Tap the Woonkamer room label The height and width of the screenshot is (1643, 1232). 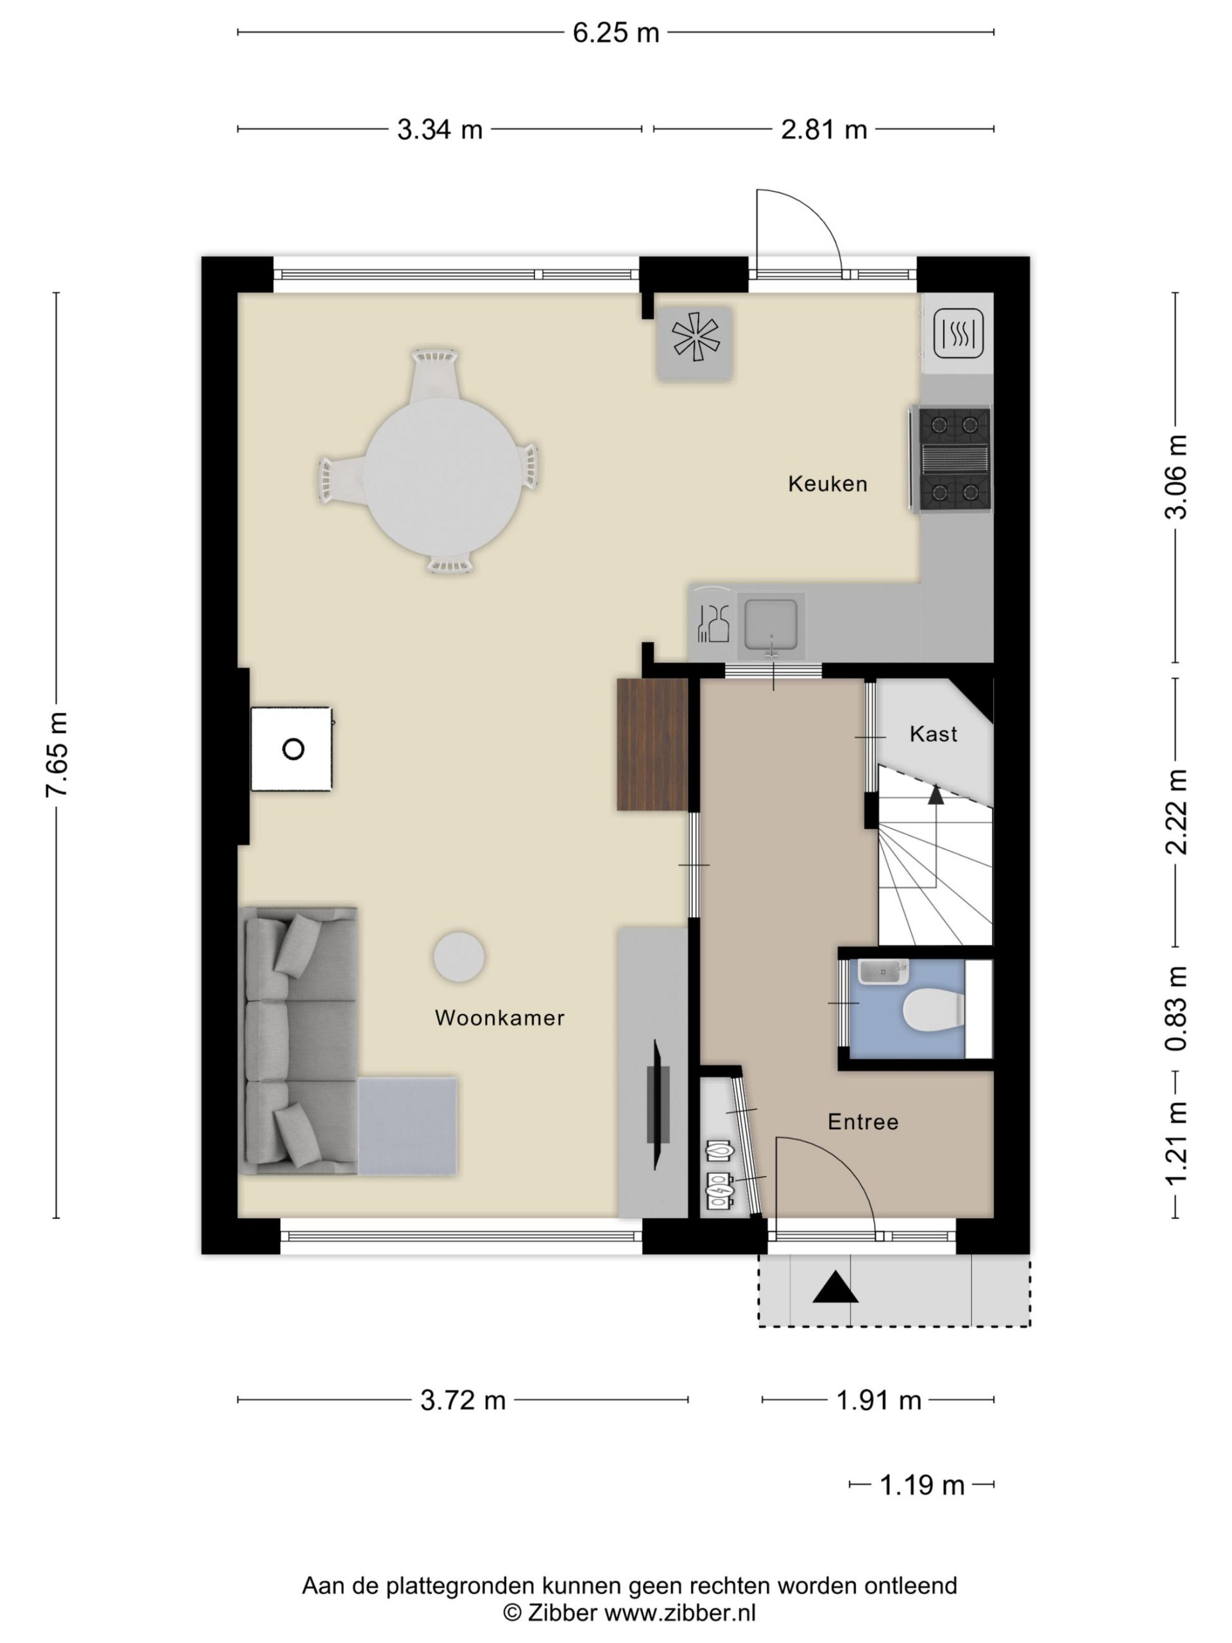coord(500,1018)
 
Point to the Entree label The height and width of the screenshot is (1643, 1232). coord(863,1122)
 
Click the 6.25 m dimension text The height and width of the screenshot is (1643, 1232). coord(615,33)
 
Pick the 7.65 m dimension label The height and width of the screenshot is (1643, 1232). coord(57,755)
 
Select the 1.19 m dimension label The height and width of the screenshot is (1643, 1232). coord(921,1484)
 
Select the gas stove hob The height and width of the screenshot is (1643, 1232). coord(954,459)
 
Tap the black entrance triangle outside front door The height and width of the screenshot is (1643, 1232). coord(835,1286)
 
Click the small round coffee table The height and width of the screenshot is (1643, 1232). coord(459,958)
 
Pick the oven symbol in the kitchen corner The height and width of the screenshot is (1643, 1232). coord(959,334)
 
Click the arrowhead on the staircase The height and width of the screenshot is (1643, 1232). coord(936,795)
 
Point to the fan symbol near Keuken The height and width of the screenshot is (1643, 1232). coord(695,343)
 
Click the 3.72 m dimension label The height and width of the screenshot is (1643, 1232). coord(463,1400)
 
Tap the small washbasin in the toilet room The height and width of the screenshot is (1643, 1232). coord(883,972)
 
